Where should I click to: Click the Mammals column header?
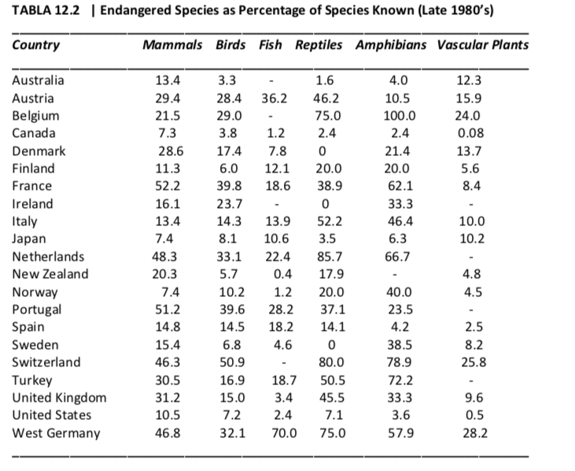(172, 45)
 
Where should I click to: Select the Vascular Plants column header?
(483, 45)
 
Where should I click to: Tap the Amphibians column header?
(391, 45)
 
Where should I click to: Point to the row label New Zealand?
(50, 275)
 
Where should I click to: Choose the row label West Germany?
(57, 433)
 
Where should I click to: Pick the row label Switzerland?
(46, 363)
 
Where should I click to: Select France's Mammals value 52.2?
(168, 186)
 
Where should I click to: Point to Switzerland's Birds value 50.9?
(232, 363)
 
